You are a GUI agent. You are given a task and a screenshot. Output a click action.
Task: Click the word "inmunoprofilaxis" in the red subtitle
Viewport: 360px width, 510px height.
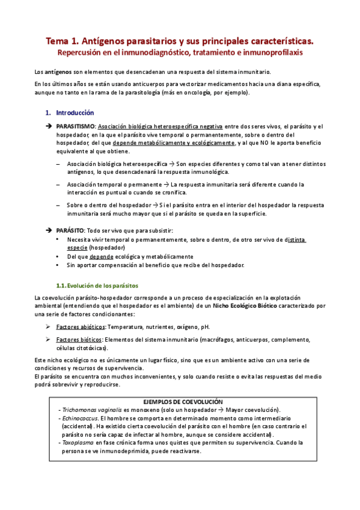click(270, 52)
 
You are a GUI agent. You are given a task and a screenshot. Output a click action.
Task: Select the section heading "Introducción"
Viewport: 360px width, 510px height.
click(75, 112)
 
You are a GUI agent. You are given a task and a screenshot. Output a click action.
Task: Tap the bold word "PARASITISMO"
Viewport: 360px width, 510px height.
click(75, 126)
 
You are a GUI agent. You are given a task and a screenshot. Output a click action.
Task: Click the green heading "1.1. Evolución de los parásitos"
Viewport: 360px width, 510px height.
click(97, 285)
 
